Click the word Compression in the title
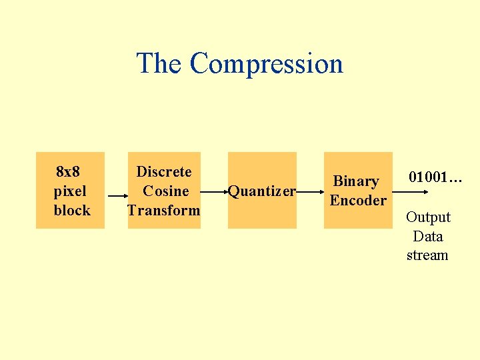pos(266,64)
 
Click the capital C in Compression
pos(199,64)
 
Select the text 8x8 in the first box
pos(68,172)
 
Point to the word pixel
pos(70,191)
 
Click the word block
pos(72,211)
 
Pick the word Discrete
pos(164,172)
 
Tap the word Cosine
pos(166,191)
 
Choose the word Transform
pos(164,211)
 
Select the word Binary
pos(356,181)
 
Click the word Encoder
pos(358,201)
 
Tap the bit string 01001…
pos(435,177)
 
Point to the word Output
pos(428,217)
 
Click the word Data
pos(428,237)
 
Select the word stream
pos(427,255)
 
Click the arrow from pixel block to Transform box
pos(117,196)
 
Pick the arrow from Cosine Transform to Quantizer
pos(214,191)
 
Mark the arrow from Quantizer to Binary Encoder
pos(310,191)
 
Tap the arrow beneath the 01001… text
pos(417,191)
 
